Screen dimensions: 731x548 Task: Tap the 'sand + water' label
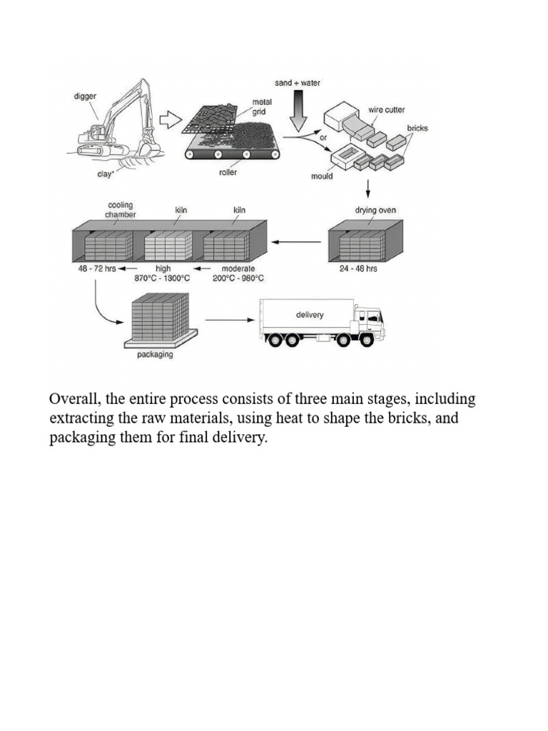[x=298, y=83]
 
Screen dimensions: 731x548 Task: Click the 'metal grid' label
[x=262, y=107]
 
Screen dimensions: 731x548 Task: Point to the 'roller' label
[x=228, y=173]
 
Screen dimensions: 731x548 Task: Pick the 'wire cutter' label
[x=385, y=111]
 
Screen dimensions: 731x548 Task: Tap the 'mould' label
[x=323, y=176]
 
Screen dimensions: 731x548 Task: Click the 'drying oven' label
[x=375, y=211]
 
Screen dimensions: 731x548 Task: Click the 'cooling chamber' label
[x=121, y=209]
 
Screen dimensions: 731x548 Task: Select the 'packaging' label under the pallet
[x=155, y=355]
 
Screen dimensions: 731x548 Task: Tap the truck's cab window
[x=372, y=316]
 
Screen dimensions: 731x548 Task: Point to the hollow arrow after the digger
[x=168, y=120]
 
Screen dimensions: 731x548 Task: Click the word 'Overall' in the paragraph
[x=72, y=398]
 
